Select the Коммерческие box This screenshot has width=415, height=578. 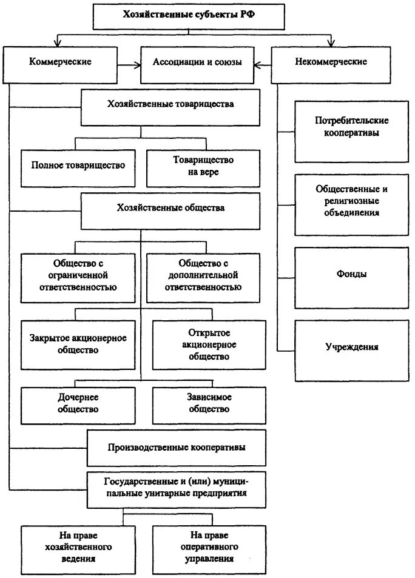[x=60, y=62]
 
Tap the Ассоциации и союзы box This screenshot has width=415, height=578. [x=198, y=62]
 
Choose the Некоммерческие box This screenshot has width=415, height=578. [x=331, y=62]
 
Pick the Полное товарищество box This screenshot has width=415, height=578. [x=77, y=165]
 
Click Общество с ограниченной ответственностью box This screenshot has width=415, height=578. [x=77, y=275]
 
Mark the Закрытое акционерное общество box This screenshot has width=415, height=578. [x=77, y=344]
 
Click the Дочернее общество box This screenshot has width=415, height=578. [x=77, y=403]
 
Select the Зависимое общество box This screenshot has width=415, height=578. [x=208, y=403]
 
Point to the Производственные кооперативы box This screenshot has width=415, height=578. [x=176, y=448]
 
